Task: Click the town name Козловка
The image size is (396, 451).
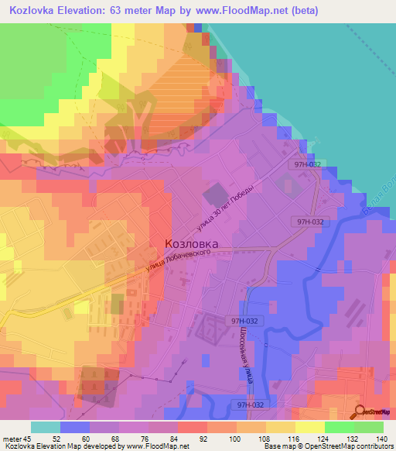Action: (191, 243)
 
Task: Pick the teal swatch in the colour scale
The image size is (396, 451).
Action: (46, 428)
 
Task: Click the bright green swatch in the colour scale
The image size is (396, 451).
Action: (340, 428)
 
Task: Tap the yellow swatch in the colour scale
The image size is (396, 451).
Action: (281, 428)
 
